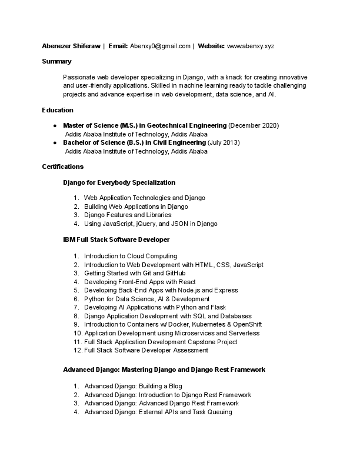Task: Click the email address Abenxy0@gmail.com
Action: point(160,46)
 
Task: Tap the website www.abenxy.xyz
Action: point(251,46)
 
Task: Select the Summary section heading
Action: point(56,61)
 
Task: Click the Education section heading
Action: point(58,110)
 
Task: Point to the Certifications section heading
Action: point(63,167)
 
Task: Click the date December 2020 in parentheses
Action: point(253,125)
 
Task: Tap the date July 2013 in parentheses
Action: point(224,142)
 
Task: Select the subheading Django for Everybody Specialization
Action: point(119,182)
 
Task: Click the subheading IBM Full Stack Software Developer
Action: point(116,239)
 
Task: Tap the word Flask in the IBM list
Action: point(218,307)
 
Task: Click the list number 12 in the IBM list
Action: point(78,350)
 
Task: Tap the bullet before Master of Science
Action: point(55,125)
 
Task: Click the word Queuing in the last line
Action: point(221,412)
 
